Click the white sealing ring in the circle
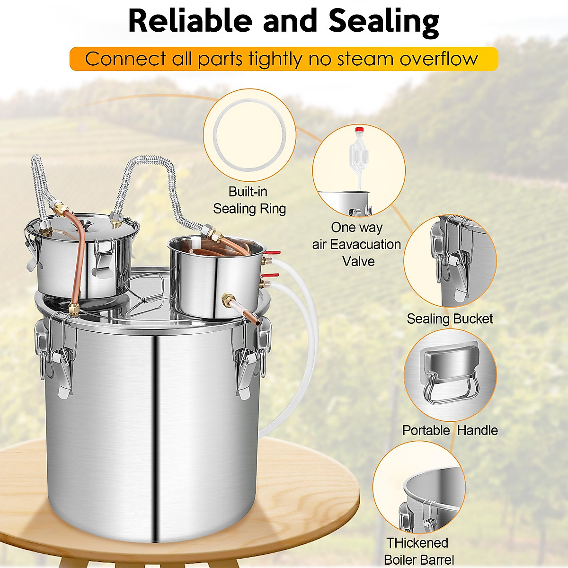click(x=249, y=136)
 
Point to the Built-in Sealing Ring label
click(x=249, y=200)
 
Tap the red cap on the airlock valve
click(x=359, y=129)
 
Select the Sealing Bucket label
click(x=450, y=319)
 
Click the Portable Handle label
click(x=450, y=430)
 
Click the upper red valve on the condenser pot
click(x=272, y=255)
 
